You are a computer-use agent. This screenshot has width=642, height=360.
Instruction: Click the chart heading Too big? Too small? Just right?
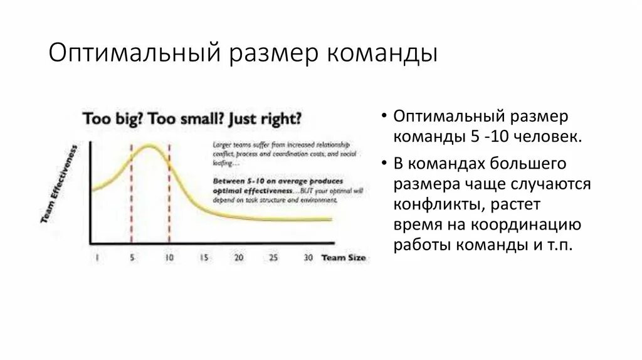tap(192, 119)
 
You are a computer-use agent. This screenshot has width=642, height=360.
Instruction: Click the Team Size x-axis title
tap(344, 258)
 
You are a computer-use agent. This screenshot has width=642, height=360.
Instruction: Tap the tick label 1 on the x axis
tap(97, 258)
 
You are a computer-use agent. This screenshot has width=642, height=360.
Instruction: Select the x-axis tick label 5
tap(132, 258)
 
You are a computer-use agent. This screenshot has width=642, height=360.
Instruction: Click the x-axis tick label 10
tap(169, 258)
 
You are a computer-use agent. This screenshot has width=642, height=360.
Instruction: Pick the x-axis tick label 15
tap(204, 258)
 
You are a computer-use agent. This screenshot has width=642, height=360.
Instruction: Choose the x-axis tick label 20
tap(238, 258)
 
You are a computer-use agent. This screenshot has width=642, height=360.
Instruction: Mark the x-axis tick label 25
tap(273, 258)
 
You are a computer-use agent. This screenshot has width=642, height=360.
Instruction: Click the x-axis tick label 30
tap(307, 258)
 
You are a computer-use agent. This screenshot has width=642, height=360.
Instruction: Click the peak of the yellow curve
tap(149, 146)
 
